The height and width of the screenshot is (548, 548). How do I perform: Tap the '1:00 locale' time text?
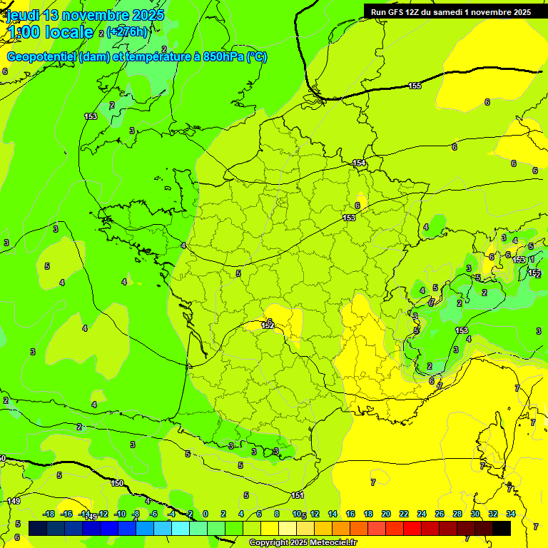click(50, 32)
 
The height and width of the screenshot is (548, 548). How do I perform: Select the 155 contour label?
click(415, 86)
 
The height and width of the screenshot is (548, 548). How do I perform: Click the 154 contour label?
click(359, 163)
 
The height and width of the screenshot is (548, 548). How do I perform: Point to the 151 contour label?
click(298, 495)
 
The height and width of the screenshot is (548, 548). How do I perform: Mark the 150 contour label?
click(117, 483)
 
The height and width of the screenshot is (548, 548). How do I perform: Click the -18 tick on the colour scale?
click(49, 514)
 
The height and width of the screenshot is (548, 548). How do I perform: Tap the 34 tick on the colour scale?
click(511, 514)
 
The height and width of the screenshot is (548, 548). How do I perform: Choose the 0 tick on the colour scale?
click(205, 514)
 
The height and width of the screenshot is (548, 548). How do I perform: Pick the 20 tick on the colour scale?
click(385, 514)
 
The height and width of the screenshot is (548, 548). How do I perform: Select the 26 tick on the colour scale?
click(439, 514)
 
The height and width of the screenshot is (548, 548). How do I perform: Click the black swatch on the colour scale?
click(502, 528)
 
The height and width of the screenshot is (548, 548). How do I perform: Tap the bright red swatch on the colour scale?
click(412, 528)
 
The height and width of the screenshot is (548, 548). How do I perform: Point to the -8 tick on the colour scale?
click(136, 514)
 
